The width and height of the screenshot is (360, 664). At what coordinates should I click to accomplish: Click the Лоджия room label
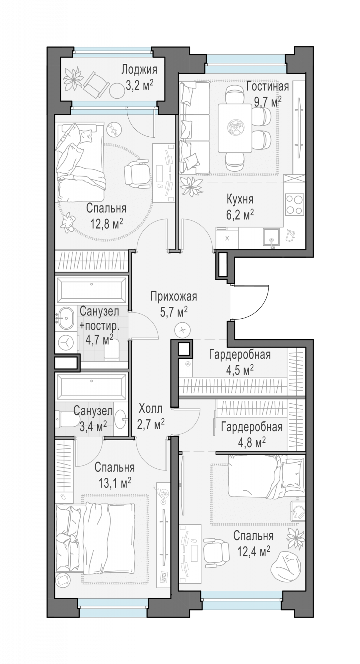pyautogui.click(x=139, y=70)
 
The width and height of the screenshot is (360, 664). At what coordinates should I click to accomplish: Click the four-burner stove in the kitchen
pyautogui.click(x=294, y=205)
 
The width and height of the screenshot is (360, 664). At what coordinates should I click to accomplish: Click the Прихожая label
pyautogui.click(x=174, y=296)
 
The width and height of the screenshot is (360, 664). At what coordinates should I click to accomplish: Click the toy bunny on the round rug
pyautogui.click(x=68, y=221)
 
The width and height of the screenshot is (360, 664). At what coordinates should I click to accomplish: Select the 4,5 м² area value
pyautogui.click(x=240, y=370)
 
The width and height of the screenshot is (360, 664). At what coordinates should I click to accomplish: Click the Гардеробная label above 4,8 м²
pyautogui.click(x=252, y=427)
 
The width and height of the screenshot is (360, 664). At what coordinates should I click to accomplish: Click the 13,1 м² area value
pyautogui.click(x=115, y=482)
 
